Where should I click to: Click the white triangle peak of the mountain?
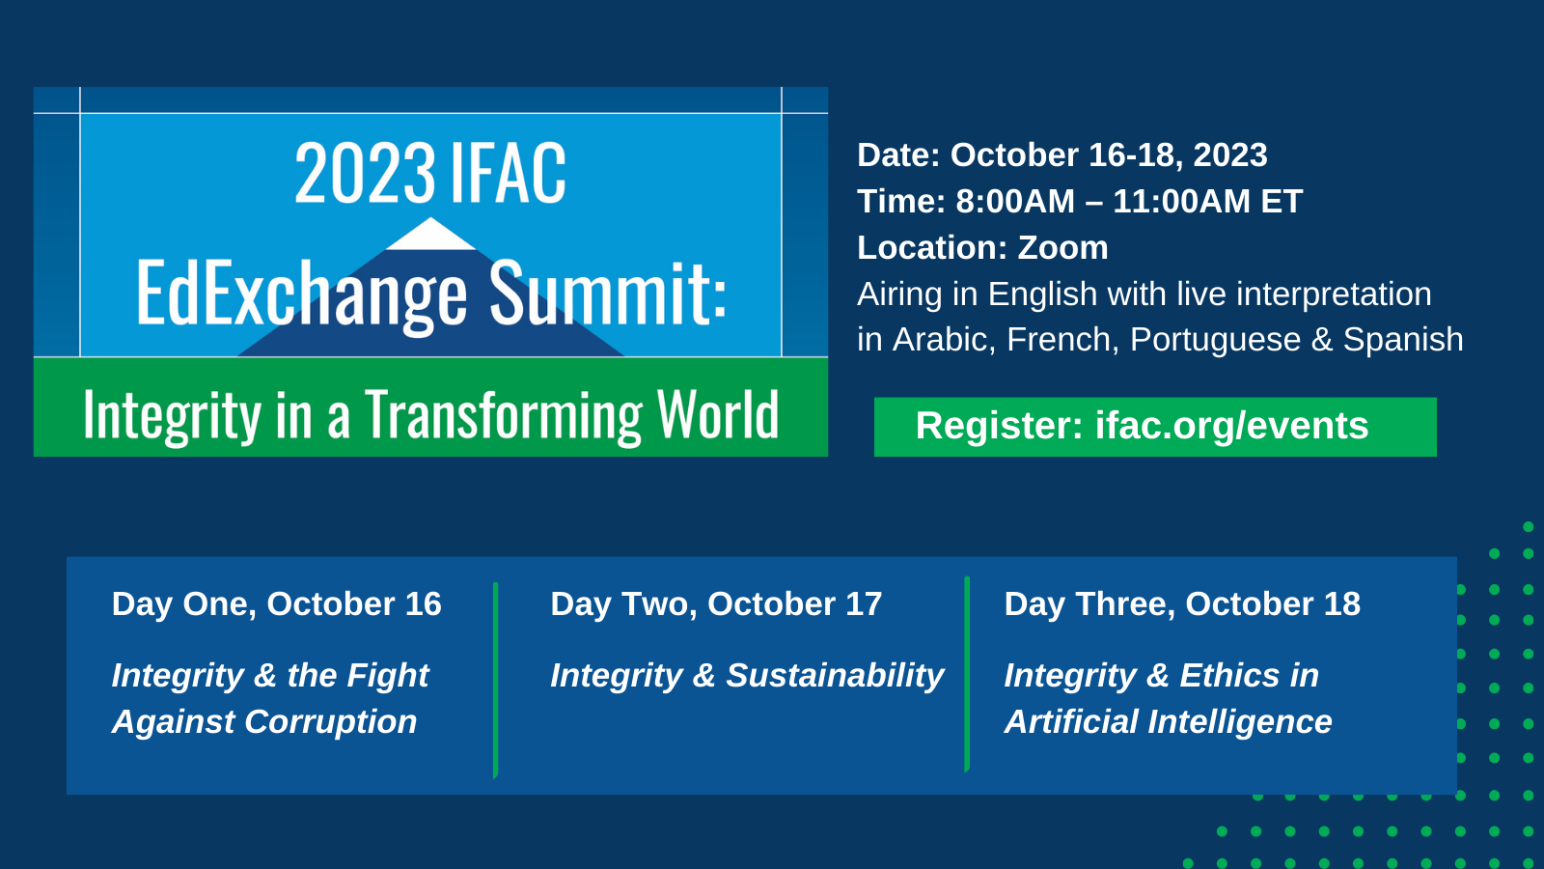point(430,236)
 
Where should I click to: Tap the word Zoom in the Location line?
point(1062,247)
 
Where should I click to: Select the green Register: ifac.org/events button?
point(1155,426)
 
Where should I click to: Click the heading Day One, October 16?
point(276,604)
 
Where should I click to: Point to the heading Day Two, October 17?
point(716,604)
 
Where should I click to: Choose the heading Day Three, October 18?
point(1182,604)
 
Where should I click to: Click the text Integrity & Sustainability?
point(747,676)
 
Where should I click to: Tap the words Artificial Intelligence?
point(1169,722)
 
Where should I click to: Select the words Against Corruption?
point(264,722)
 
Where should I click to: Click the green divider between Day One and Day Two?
point(496,681)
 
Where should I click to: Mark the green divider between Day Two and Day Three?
point(967,675)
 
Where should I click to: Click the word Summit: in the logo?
point(608,294)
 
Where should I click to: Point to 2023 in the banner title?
point(366,173)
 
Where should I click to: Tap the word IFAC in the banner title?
point(508,173)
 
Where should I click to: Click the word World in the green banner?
point(718,414)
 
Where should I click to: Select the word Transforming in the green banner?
point(503,416)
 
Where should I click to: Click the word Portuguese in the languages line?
point(1215,340)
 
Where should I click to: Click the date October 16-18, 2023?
point(1109,155)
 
